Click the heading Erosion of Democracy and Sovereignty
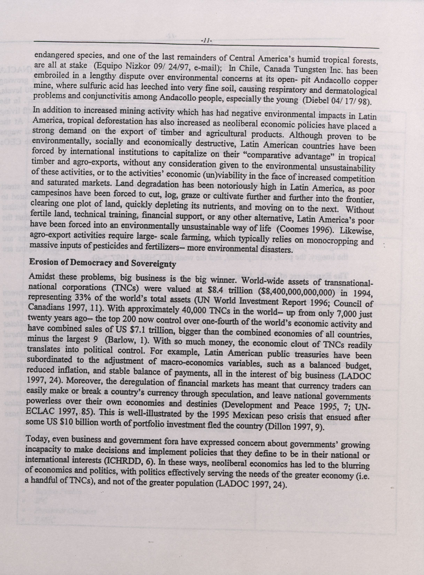point(103,264)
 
